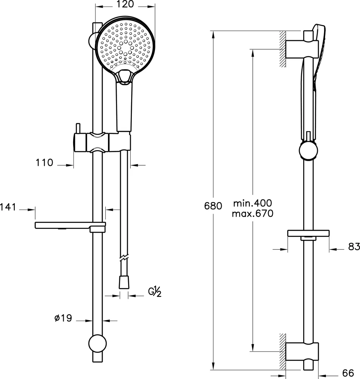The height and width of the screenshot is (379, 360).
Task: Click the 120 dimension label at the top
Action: [125, 4]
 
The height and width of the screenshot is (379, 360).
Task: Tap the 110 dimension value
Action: [44, 163]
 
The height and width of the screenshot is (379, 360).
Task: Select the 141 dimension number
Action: [8, 207]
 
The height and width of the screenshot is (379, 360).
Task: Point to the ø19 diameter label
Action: [63, 318]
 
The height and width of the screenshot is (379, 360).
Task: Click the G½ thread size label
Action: [155, 292]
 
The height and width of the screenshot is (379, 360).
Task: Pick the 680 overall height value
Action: [213, 206]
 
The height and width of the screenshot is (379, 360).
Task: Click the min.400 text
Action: [252, 203]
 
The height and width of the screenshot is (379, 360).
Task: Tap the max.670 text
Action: [252, 214]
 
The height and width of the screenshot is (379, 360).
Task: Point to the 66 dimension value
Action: [348, 373]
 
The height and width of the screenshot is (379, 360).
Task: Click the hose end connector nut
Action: [124, 282]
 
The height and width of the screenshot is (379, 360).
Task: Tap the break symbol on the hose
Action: [124, 257]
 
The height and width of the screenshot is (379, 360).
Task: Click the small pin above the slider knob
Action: [78, 128]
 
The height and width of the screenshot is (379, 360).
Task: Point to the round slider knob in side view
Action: [308, 150]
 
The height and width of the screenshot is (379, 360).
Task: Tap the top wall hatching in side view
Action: [283, 49]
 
